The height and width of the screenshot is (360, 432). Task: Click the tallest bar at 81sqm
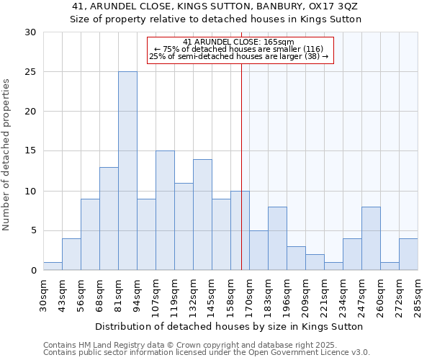[127, 171]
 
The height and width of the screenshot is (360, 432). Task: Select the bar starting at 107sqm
[165, 210]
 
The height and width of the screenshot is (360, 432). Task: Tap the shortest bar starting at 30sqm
[53, 266]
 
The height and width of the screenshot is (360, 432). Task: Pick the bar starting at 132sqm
[202, 215]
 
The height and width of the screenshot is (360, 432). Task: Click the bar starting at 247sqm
[371, 238]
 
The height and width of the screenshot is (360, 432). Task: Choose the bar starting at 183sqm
[277, 238]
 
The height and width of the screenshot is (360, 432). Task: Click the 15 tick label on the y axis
[30, 151]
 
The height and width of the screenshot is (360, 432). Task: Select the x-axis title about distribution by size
[229, 326]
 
